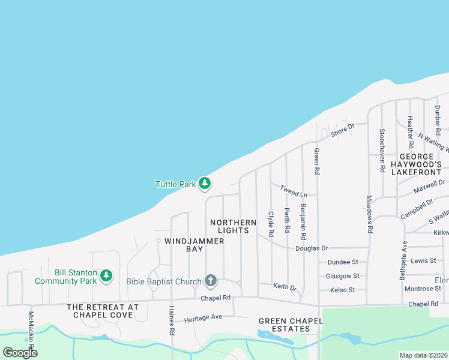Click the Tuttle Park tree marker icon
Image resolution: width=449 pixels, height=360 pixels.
(205, 184)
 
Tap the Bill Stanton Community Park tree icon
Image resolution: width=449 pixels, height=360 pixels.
(106, 275)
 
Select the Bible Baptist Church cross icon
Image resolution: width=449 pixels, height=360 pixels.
(210, 280)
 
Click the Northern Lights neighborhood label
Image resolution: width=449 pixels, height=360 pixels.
(233, 226)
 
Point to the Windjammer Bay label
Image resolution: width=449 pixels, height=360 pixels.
(186, 245)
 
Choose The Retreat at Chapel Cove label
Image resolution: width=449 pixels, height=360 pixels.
(103, 311)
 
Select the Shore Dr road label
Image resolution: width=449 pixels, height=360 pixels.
(343, 128)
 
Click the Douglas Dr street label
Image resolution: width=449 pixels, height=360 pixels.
(312, 248)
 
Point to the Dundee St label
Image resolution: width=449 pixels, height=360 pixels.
(342, 262)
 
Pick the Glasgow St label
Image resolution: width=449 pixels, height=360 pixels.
(342, 276)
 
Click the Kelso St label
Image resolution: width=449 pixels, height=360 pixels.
(343, 290)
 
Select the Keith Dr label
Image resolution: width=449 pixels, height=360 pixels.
(285, 287)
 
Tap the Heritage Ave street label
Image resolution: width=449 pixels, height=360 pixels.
(203, 317)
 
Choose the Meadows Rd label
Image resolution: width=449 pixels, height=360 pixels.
(369, 214)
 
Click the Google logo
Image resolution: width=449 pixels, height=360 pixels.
(20, 352)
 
